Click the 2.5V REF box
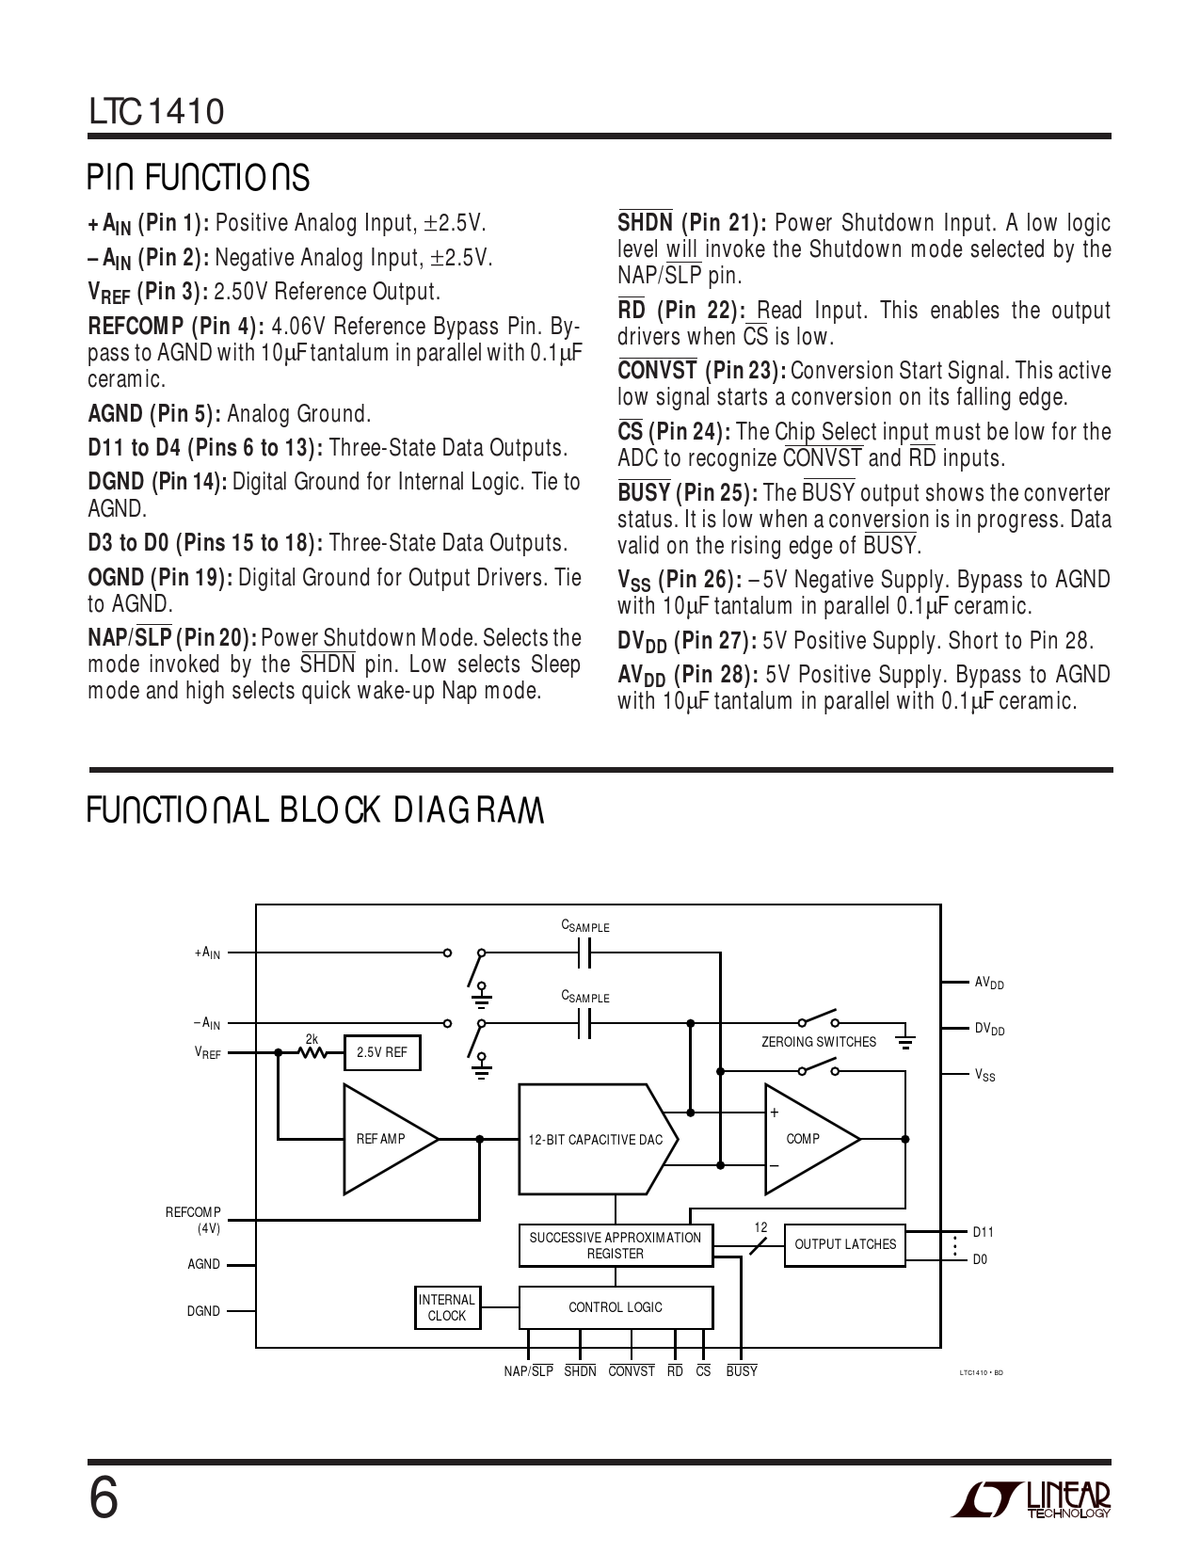382,1052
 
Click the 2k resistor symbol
312,1052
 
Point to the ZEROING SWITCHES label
818,1042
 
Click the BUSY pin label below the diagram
741,1370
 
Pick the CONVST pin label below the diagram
632,1370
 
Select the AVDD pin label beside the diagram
989,983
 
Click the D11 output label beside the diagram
984,1231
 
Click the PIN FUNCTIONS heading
199,177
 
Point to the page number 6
104,1498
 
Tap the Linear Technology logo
1031,1499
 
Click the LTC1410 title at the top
156,111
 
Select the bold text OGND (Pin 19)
160,578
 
